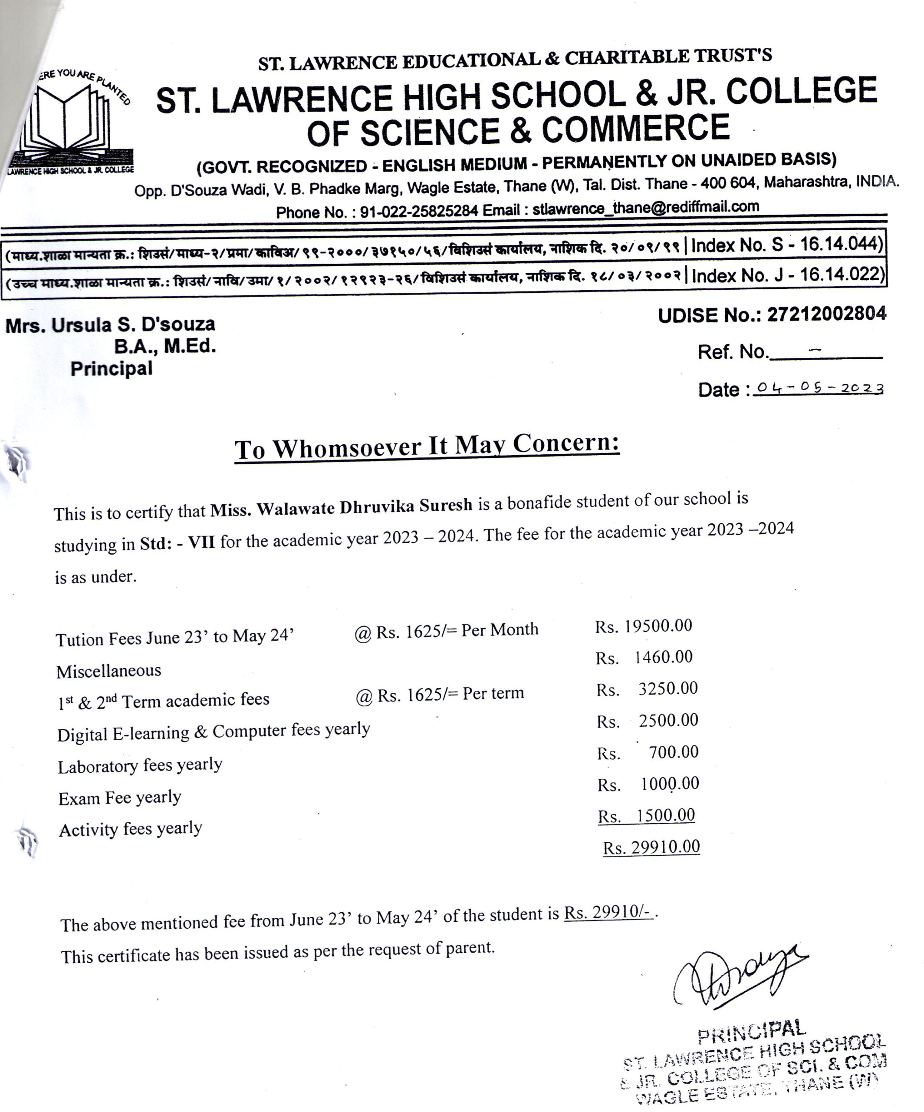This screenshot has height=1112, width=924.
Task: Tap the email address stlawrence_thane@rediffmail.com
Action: pos(646,208)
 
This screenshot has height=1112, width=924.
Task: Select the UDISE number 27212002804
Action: pos(826,314)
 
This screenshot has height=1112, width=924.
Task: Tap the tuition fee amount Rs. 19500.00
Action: pos(644,626)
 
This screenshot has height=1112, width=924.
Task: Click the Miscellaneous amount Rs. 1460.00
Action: pos(644,658)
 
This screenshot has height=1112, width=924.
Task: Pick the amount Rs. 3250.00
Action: pos(647,689)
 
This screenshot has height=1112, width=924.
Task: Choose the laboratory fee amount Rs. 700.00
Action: pos(648,752)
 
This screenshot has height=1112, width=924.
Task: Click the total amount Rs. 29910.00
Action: pos(651,847)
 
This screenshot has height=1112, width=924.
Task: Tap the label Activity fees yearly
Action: pos(130,829)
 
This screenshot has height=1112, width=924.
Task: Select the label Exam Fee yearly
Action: pos(120,798)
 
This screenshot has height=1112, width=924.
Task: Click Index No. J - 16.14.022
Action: pos(788,275)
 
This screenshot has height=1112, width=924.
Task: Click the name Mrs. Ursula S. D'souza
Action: pos(110,324)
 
